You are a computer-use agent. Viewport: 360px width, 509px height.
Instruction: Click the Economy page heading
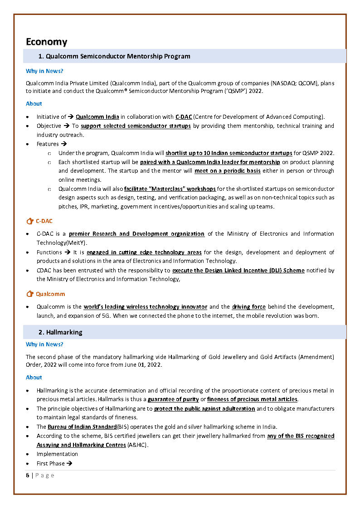coord(46,42)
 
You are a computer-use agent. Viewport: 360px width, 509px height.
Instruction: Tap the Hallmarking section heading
coord(64,332)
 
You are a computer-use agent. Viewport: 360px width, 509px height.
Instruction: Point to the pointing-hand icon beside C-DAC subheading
coord(30,221)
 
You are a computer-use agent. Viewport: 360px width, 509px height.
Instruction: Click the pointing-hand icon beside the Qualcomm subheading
coord(30,294)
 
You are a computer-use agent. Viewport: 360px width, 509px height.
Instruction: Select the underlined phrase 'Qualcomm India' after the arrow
coord(97,117)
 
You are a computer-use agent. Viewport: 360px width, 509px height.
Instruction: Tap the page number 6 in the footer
coord(28,475)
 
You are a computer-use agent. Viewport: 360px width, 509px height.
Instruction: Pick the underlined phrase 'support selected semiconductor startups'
coord(136,126)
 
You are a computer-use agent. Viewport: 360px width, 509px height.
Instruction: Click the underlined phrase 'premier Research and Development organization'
coord(136,234)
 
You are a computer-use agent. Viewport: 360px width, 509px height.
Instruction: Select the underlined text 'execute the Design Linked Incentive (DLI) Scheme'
coord(238,270)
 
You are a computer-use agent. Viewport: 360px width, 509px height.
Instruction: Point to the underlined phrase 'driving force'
coord(248,307)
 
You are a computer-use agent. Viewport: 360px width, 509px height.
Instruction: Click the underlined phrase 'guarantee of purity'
coord(173,399)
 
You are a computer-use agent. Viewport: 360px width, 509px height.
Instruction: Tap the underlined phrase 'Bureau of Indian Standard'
coord(83,427)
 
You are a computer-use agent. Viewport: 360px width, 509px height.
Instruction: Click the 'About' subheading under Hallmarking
coord(34,377)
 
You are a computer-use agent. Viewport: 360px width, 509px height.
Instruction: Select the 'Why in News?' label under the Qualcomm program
coord(44,71)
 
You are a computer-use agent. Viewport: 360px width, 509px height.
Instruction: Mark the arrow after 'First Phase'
coord(69,463)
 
